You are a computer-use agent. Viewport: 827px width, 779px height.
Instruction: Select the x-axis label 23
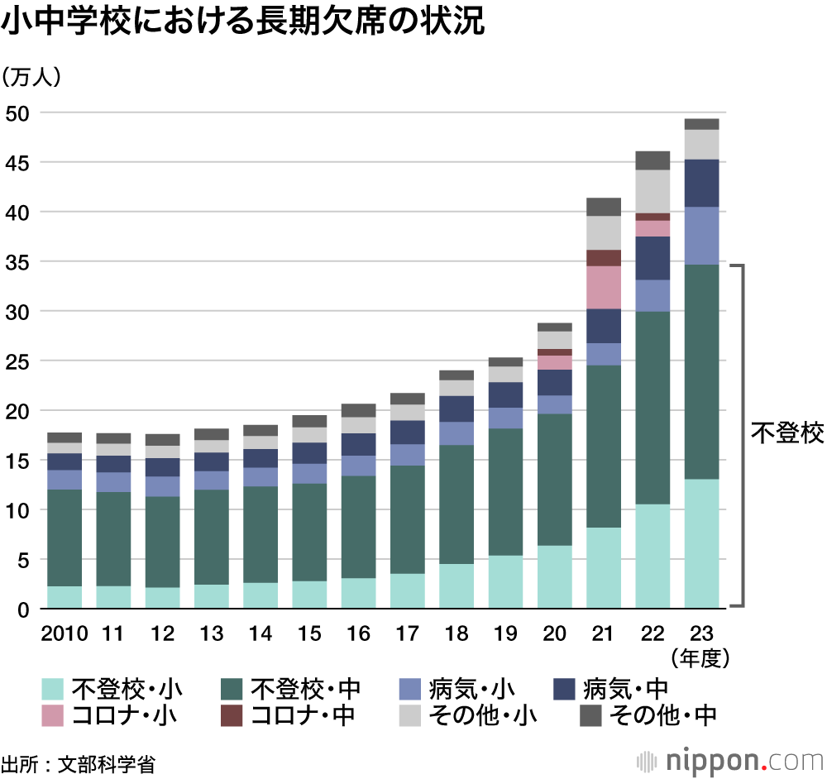point(701,634)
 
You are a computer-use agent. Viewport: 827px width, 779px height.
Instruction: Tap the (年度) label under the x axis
point(701,658)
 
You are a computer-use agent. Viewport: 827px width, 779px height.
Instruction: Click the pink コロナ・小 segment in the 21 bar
point(603,287)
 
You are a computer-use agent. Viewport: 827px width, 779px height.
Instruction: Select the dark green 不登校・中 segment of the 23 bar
point(701,372)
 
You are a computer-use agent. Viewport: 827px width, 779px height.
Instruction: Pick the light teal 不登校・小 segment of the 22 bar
point(652,556)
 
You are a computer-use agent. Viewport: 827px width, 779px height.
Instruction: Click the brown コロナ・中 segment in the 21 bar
point(603,257)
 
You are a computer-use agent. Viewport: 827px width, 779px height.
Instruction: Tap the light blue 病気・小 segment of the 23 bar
point(701,235)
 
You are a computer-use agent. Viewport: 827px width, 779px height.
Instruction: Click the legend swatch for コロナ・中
point(232,715)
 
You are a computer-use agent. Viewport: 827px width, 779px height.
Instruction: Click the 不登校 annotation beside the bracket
point(786,433)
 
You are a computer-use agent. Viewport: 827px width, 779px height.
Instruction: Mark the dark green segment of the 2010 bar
point(65,538)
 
